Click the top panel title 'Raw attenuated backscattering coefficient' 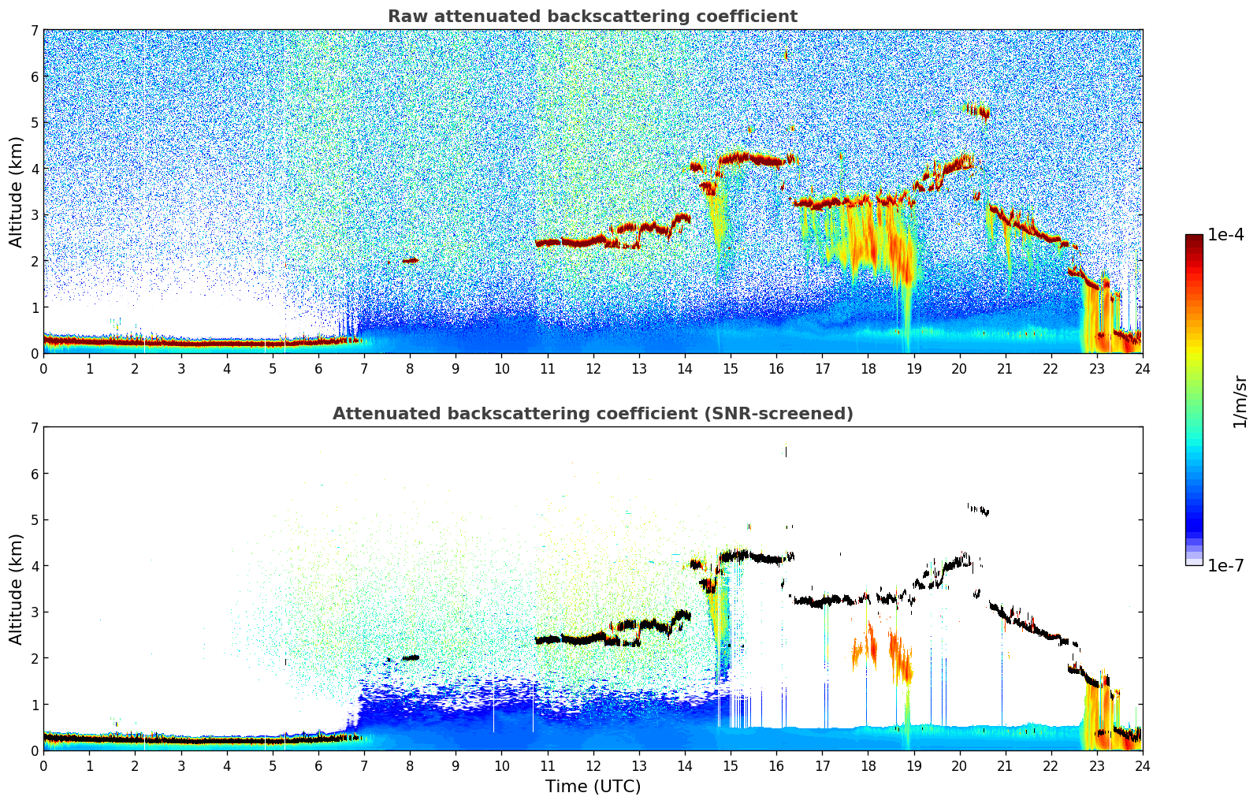coord(592,17)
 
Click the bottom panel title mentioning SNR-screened coord(592,414)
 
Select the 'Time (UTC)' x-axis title coord(593,787)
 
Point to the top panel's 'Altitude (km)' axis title coord(16,192)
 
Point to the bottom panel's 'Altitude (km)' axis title coord(16,589)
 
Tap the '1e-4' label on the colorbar coord(1225,235)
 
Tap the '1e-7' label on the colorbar coord(1225,565)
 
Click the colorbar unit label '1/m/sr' coord(1240,400)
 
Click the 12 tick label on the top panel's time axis coord(593,368)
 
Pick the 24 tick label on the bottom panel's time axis coord(1142,765)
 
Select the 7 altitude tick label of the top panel coord(34,31)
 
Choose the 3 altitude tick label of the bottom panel coord(34,612)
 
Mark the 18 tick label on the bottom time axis coord(868,765)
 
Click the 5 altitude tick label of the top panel coord(34,123)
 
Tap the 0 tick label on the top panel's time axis coord(43,368)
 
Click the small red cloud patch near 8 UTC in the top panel coord(410,259)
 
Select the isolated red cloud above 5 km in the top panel coord(978,111)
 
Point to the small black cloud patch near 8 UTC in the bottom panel coord(410,657)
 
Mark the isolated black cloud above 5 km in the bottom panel coord(978,509)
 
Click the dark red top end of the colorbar coord(1193,238)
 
